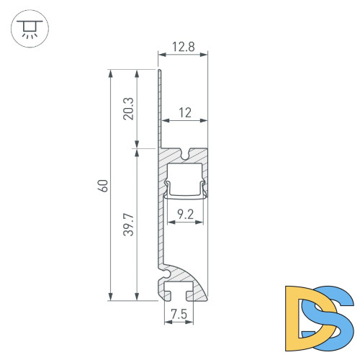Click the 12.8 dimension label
point(182,48)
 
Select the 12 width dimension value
point(185,112)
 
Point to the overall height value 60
point(102,185)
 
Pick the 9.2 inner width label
point(185,214)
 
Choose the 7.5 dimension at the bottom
point(179,314)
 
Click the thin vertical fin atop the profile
point(158,108)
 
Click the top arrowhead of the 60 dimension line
point(110,73)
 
